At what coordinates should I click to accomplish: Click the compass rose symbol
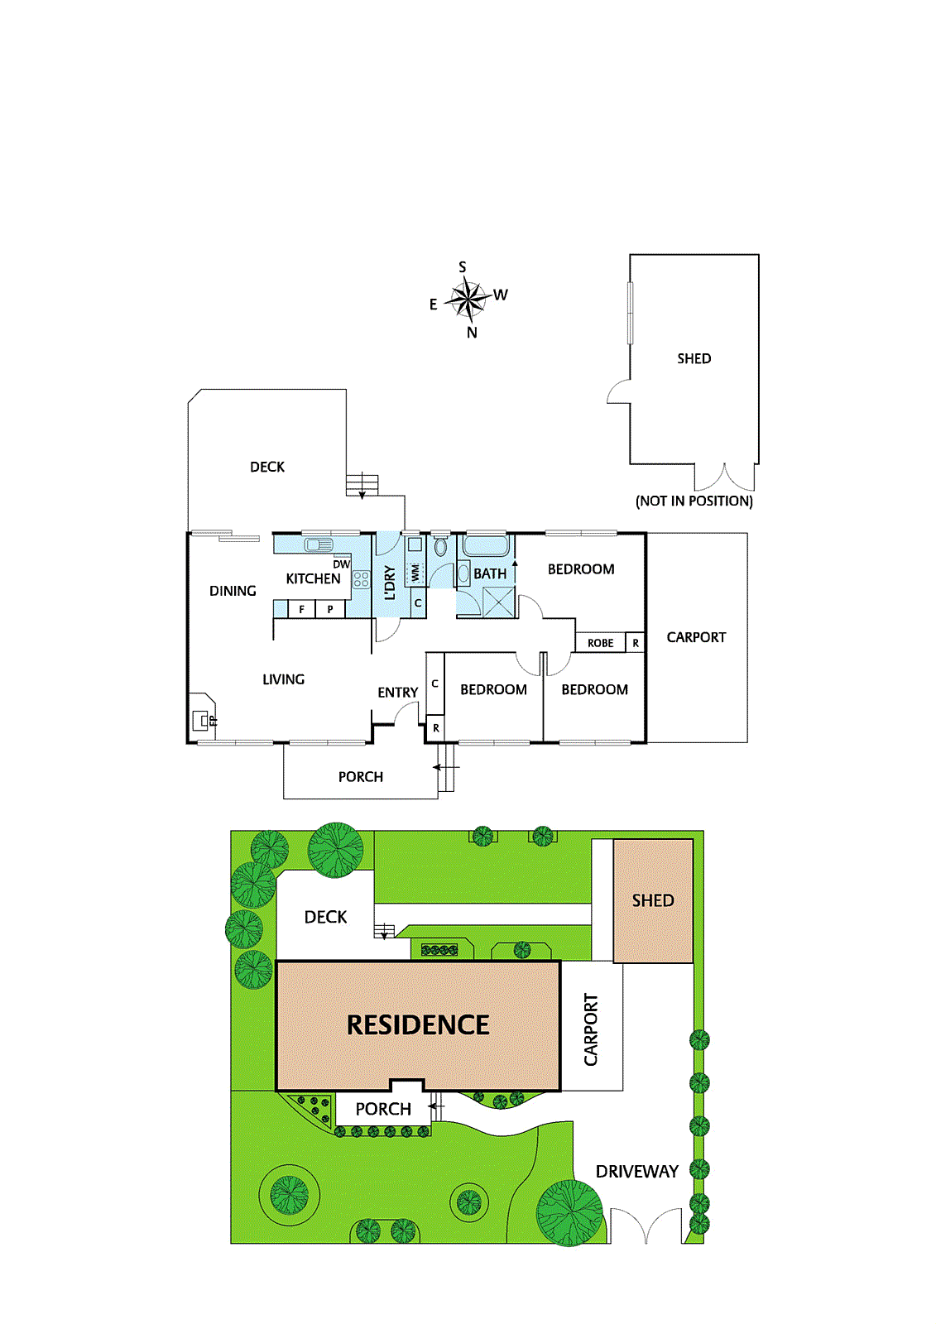click(468, 299)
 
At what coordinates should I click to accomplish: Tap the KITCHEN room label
click(313, 578)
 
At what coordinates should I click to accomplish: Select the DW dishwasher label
click(341, 564)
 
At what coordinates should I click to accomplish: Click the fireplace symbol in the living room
click(201, 720)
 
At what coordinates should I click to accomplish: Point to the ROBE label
click(601, 643)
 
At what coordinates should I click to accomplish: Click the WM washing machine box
click(415, 572)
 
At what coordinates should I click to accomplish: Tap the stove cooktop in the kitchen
click(361, 579)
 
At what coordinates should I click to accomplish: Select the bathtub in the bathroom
click(485, 545)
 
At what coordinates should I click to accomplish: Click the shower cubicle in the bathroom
click(498, 602)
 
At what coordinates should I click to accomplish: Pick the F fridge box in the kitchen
click(301, 610)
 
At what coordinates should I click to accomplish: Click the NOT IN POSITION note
click(694, 501)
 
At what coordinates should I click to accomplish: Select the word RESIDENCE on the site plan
click(418, 1025)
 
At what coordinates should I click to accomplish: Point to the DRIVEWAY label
click(636, 1171)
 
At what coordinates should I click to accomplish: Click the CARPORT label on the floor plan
click(696, 637)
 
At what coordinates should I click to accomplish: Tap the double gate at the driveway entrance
click(646, 1226)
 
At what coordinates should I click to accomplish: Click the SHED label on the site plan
click(653, 900)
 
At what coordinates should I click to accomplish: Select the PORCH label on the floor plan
click(361, 777)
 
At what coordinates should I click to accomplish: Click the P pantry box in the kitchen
click(330, 610)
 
